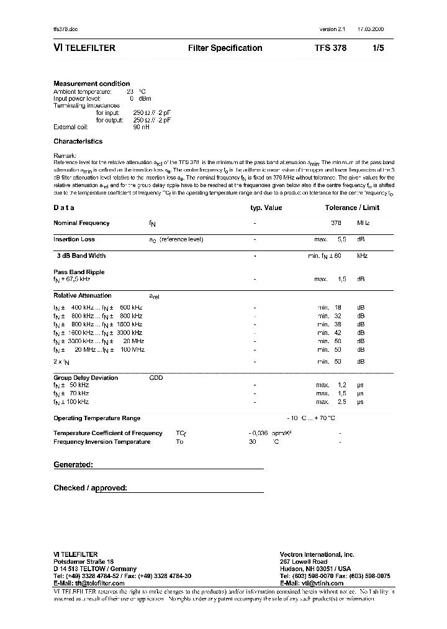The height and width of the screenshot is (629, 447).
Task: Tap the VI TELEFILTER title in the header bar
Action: (84, 48)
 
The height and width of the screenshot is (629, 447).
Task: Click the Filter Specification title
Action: (225, 48)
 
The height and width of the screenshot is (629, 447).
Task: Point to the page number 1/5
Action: (379, 48)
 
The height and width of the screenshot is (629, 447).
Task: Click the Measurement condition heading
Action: (91, 83)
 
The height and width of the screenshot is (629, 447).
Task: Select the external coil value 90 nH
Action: (142, 127)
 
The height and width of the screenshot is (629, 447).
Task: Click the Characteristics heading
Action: (78, 141)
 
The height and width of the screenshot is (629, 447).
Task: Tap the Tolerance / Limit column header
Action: (352, 208)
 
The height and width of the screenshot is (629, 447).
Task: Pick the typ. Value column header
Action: (266, 208)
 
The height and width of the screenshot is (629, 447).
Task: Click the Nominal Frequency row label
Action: (81, 223)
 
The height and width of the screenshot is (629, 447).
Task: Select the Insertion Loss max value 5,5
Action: (341, 239)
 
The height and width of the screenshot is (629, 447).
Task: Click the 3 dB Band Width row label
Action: (81, 255)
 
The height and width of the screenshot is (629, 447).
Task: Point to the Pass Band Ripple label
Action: (79, 272)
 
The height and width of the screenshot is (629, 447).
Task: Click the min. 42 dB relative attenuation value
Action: (338, 333)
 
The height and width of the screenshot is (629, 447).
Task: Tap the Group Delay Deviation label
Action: (86, 377)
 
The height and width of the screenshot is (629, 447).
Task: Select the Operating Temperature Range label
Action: (97, 418)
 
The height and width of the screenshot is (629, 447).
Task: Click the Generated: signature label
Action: (73, 464)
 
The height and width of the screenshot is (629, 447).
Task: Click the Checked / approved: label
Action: (90, 488)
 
